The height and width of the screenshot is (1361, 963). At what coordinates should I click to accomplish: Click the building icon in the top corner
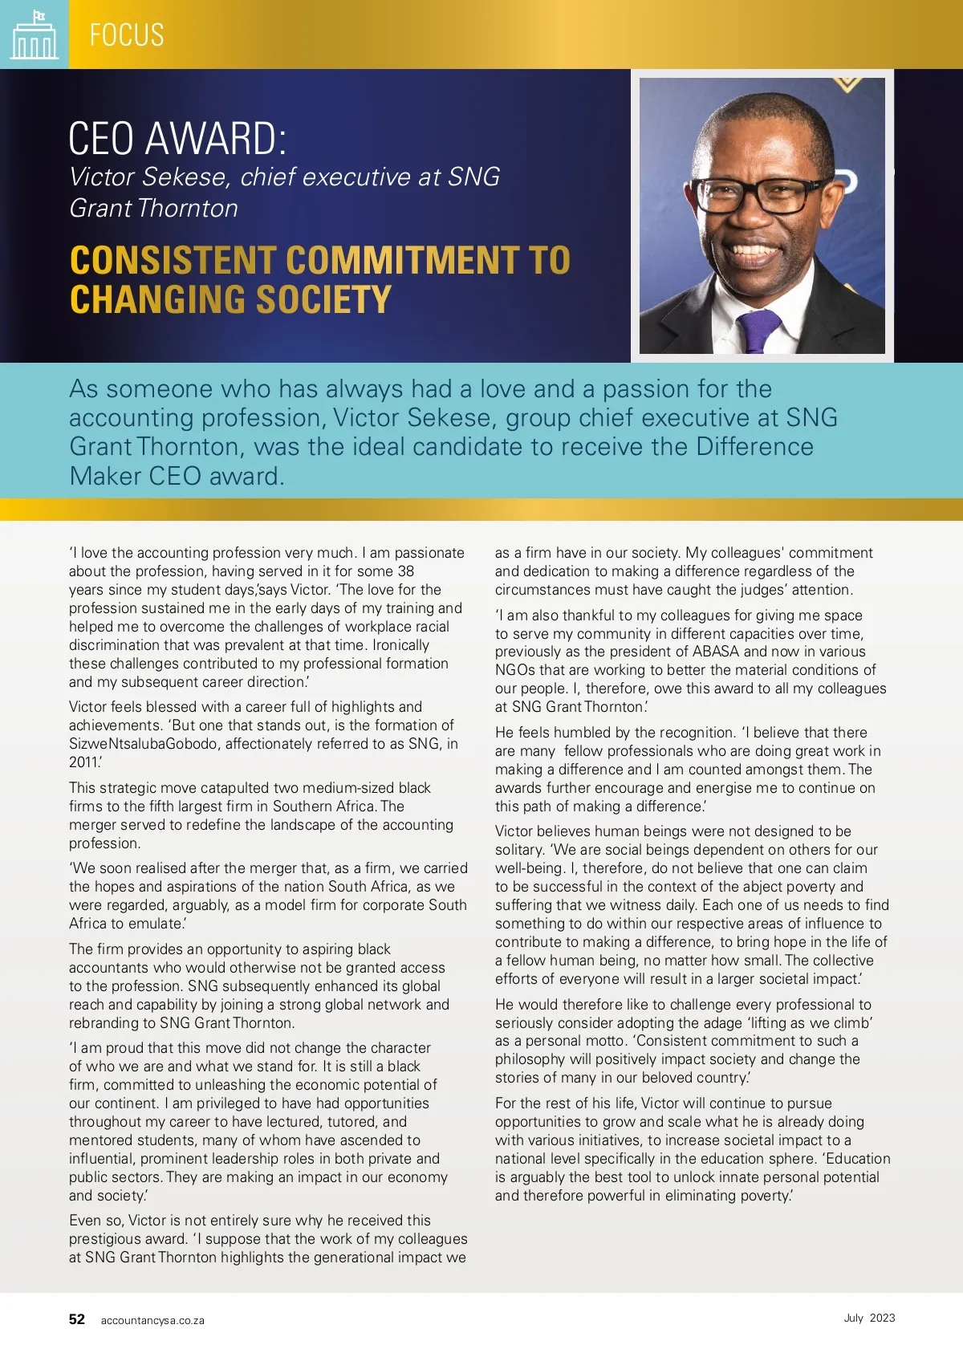coord(34,35)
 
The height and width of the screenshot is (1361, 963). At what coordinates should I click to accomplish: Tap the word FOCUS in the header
coord(127,35)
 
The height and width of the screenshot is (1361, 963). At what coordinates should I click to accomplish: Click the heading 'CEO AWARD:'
coord(177,138)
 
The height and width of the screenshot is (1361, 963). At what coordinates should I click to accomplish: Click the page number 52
coord(77,1319)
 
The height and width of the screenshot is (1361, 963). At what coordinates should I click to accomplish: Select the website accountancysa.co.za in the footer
coord(152,1320)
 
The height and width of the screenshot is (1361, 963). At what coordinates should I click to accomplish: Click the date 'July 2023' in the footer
coord(869,1318)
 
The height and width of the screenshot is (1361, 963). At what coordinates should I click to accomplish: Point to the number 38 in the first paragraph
coord(406,571)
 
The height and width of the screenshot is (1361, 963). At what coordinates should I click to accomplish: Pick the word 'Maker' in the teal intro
coord(105,476)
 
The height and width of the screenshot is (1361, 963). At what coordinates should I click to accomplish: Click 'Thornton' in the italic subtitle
coord(188,209)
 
